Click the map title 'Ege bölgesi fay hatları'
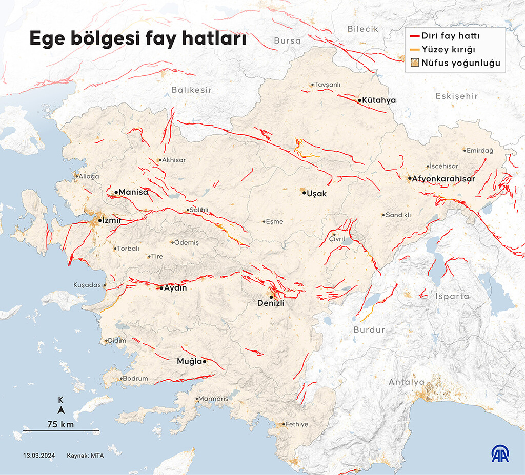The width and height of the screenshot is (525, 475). point(137,39)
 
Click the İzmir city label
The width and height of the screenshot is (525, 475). point(111,220)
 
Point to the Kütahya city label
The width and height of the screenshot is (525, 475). point(378,100)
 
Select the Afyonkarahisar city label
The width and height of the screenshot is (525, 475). point(443,179)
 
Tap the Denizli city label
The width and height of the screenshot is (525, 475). point(271,303)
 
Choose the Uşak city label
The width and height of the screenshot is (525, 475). point(317,193)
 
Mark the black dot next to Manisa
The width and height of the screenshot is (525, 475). point(116,192)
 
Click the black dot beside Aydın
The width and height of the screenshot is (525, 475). point(161,288)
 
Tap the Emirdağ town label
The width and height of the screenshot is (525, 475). point(480,150)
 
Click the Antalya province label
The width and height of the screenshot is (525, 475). point(406,382)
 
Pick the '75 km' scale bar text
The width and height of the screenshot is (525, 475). point(60,424)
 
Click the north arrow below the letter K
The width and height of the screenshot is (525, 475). point(60,410)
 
